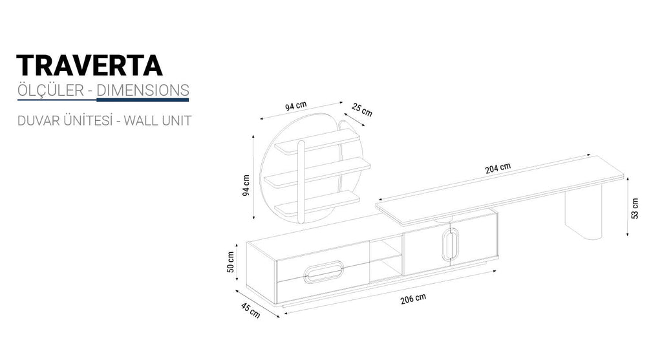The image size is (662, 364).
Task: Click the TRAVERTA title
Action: point(89,65)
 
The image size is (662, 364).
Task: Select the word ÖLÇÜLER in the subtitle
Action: point(50,90)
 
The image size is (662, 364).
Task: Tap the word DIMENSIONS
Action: point(143,90)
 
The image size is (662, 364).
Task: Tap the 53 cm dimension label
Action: point(635,209)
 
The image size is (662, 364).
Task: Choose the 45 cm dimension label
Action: point(250,310)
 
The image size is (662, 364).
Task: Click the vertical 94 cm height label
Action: point(246,185)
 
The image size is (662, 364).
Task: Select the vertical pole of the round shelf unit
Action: point(301,181)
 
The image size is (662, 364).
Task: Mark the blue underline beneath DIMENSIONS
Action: point(142,100)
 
